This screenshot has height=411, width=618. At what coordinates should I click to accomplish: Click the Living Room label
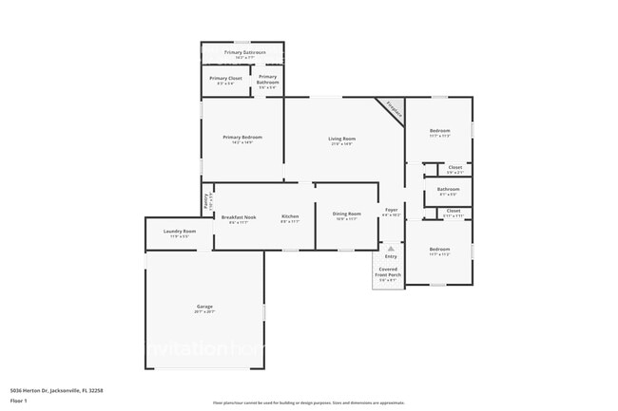pyautogui.click(x=341, y=140)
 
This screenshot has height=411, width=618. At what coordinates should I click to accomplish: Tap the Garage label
pyautogui.click(x=204, y=306)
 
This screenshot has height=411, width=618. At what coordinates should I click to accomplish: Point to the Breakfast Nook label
pyautogui.click(x=239, y=216)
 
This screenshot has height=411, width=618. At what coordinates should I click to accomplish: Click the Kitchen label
pyautogui.click(x=290, y=216)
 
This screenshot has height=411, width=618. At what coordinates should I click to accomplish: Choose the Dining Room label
pyautogui.click(x=345, y=214)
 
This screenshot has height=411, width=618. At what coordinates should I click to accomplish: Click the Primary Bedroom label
pyautogui.click(x=242, y=138)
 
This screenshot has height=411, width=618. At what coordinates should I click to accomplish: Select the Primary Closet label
pyautogui.click(x=226, y=78)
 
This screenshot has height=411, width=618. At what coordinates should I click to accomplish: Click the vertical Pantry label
pyautogui.click(x=205, y=201)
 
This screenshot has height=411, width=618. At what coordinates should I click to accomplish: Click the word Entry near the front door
pyautogui.click(x=391, y=256)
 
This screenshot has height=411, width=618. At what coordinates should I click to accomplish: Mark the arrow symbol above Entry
pyautogui.click(x=391, y=247)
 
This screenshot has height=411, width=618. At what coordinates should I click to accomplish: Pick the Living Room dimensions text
pyautogui.click(x=341, y=145)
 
